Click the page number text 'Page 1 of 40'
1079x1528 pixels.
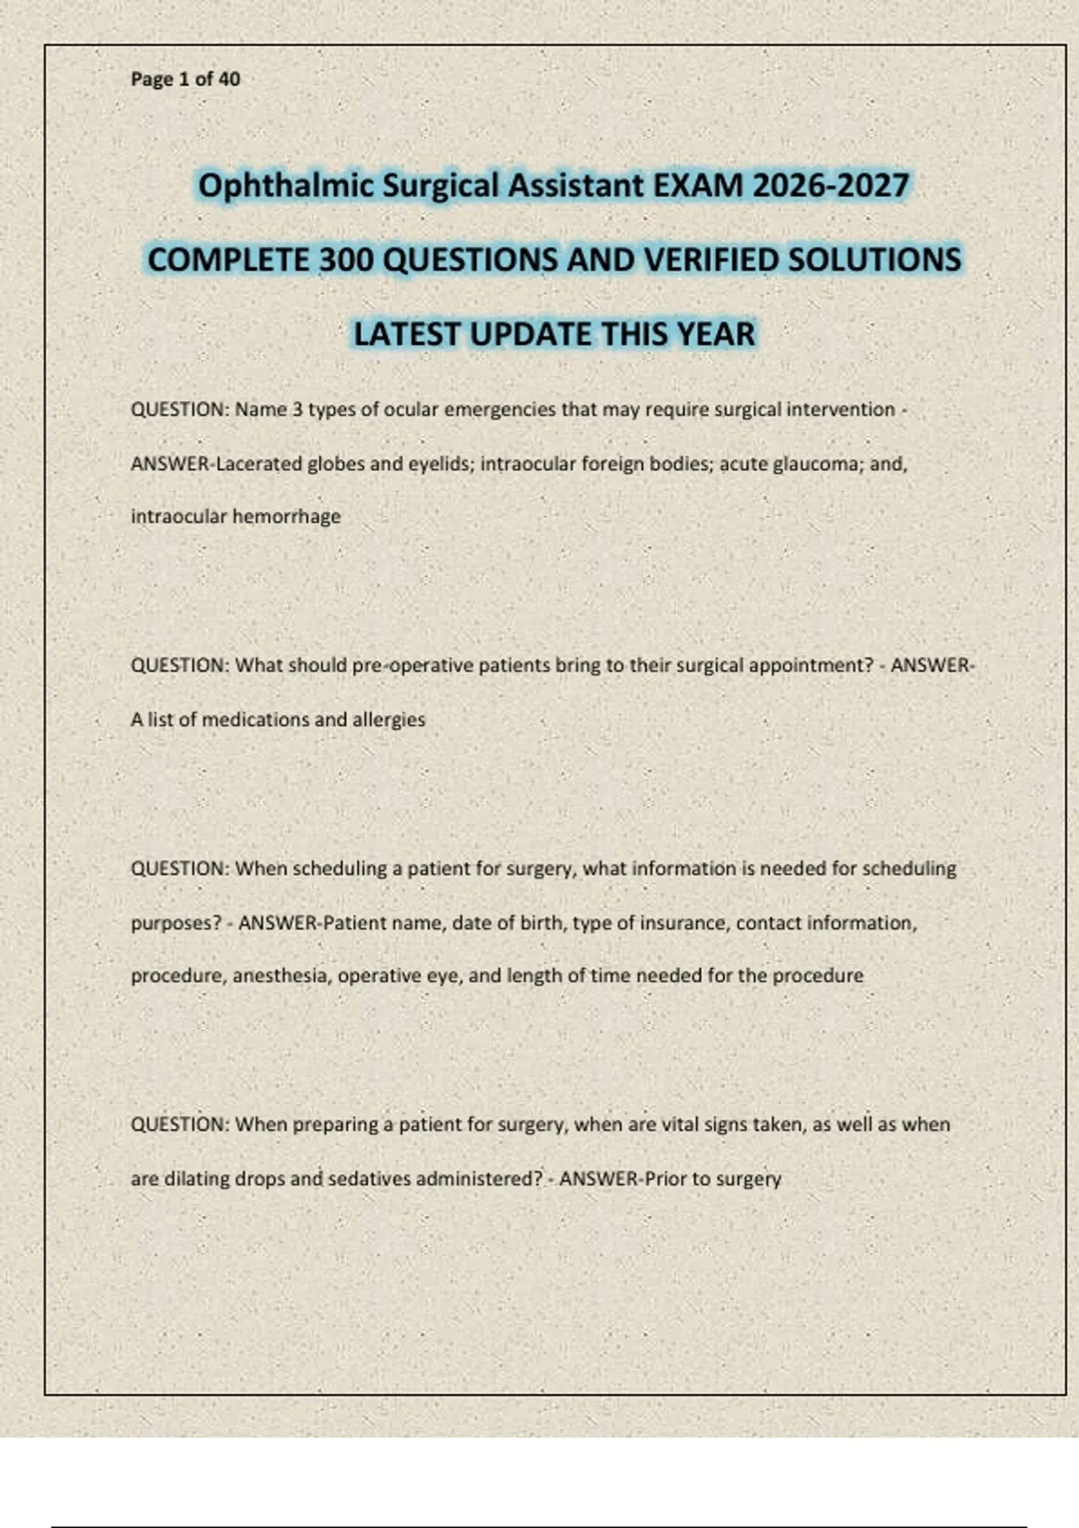[x=185, y=79]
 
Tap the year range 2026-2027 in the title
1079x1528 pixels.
[x=830, y=186]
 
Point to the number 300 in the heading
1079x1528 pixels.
[x=346, y=260]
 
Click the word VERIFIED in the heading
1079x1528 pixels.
[x=711, y=260]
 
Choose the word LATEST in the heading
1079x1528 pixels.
[x=406, y=334]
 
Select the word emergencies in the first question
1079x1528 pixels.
[x=500, y=410]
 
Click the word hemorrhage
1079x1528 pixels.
[x=287, y=517]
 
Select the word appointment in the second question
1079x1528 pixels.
[x=803, y=666]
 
